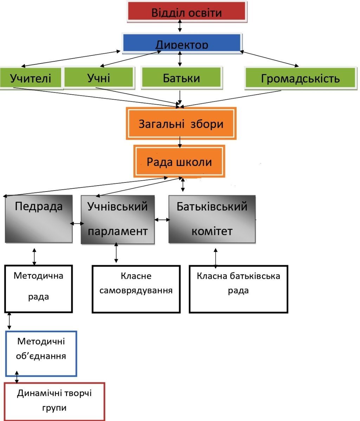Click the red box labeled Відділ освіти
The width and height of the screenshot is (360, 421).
(x=186, y=12)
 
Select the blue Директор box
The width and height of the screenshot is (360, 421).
(x=182, y=42)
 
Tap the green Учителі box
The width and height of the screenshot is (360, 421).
(x=31, y=78)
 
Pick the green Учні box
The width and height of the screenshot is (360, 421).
(x=99, y=77)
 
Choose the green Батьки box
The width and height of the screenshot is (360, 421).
(x=181, y=78)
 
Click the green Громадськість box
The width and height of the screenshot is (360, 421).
(x=300, y=78)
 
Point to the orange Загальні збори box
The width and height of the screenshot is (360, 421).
(x=181, y=123)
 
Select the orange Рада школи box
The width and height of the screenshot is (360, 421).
(x=179, y=161)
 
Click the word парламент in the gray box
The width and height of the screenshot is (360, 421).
(x=117, y=231)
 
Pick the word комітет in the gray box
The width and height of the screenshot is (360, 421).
(x=212, y=231)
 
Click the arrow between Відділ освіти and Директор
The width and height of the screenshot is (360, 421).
(x=180, y=26)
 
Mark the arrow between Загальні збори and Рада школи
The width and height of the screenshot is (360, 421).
(x=180, y=142)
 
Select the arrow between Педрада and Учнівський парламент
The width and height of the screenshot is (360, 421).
(x=76, y=223)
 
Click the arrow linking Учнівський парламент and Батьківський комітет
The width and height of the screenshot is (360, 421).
(x=162, y=220)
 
